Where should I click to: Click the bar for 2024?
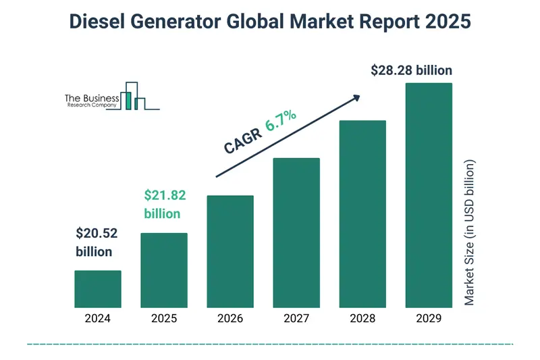[x=98, y=288]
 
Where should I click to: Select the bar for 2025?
[x=164, y=269]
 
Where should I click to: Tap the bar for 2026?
[x=230, y=251]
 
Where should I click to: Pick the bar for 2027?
[x=296, y=232]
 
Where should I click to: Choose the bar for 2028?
[x=362, y=213]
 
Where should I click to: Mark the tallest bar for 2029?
[x=429, y=195]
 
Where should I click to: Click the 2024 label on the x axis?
[x=98, y=318]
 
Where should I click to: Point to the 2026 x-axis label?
[x=230, y=318]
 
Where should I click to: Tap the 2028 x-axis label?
[x=362, y=318]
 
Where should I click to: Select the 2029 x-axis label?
[x=429, y=318]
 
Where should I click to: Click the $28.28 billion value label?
[x=412, y=70]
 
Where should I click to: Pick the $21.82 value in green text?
[x=165, y=196]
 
